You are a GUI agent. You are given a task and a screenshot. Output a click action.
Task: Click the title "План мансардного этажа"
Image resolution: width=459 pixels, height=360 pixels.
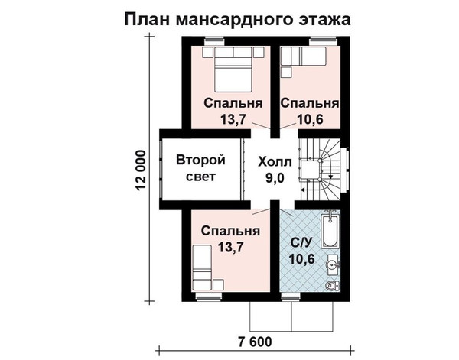pos(237,20)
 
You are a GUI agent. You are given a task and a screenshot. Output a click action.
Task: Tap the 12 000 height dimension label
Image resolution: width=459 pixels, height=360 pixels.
pos(141,170)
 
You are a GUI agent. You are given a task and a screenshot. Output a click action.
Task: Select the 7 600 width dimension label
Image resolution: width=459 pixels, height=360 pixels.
pos(255,342)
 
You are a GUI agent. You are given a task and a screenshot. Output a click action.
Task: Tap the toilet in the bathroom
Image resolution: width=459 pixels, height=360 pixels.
pos(332,285)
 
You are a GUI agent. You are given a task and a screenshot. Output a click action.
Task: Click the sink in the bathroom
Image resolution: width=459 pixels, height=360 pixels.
pos(332,265)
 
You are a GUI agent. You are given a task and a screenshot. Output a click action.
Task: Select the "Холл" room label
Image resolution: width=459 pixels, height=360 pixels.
pos(275,162)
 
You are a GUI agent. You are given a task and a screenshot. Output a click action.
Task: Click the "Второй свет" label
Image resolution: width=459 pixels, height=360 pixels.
pos(200,168)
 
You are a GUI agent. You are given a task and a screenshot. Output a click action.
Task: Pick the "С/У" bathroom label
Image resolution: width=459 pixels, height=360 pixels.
pos(301,242)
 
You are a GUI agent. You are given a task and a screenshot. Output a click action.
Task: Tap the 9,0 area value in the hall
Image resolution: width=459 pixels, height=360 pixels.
pos(275,178)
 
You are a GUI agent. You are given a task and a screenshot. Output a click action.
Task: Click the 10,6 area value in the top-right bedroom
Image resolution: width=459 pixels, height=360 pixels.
pos(311,119)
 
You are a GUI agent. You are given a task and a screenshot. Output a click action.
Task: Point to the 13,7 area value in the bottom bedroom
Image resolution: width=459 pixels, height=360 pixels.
pos(231,247)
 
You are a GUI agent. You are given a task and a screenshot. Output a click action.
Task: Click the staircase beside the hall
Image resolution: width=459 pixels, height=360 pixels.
pos(321,170)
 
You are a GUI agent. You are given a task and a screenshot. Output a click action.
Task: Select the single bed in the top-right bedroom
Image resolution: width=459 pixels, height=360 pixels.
pos(303,56)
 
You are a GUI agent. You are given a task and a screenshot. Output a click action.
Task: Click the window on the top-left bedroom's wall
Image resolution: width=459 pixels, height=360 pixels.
pos(214,41)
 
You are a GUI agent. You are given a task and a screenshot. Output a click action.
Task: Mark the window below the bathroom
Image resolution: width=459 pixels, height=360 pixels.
pos(291,297)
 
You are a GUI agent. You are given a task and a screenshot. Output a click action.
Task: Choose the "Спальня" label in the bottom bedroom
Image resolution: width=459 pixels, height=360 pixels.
pos(231,231)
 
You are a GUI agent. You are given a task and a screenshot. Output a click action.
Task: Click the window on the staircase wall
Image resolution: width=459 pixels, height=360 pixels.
pos(346,170)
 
